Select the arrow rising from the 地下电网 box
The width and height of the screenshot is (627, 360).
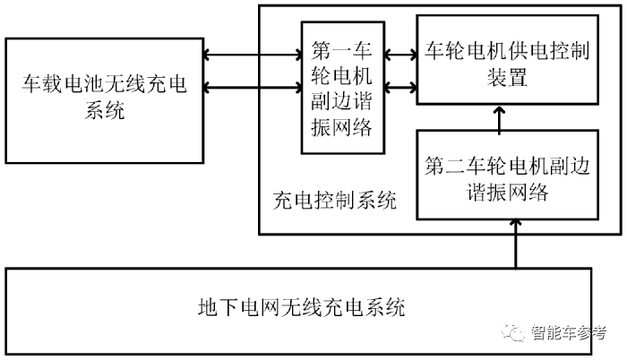515,244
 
